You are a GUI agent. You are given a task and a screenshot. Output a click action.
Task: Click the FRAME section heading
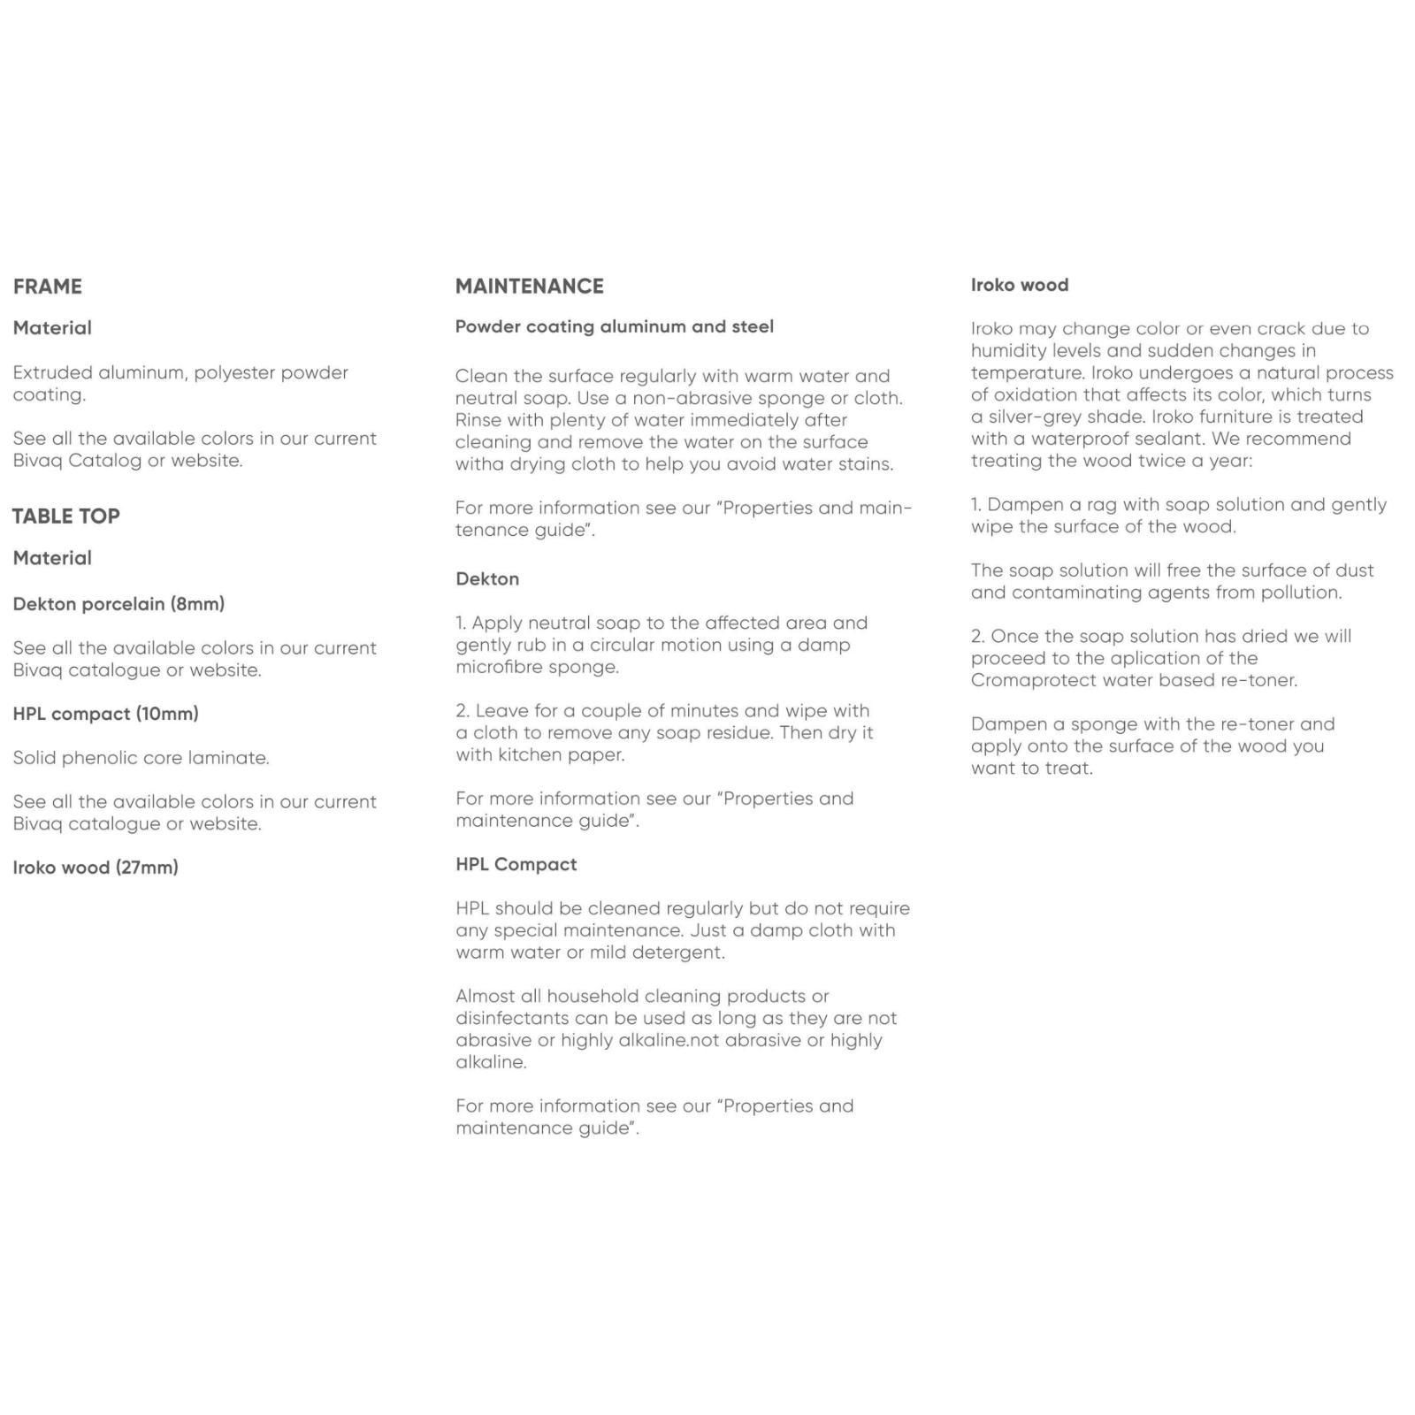(x=48, y=287)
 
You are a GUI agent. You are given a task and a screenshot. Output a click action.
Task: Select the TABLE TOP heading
(x=66, y=516)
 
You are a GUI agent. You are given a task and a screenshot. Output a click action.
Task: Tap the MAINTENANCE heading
(x=529, y=287)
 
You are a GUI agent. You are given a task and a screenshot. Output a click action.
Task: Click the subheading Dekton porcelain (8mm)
(x=119, y=604)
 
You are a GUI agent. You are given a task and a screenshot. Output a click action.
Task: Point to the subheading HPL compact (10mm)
(x=105, y=714)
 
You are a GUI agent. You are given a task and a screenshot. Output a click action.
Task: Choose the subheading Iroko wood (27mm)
(x=96, y=868)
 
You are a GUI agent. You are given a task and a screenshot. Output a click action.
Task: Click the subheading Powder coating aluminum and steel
(x=614, y=326)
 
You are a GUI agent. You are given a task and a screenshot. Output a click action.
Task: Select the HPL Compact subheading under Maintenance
(x=516, y=864)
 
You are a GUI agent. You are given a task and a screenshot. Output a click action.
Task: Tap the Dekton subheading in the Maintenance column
(x=487, y=579)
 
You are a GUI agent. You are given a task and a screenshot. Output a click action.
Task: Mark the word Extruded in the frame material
(x=52, y=372)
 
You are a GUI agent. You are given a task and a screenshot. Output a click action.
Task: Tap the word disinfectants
(x=517, y=1019)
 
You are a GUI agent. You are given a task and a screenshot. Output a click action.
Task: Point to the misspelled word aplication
(x=1132, y=658)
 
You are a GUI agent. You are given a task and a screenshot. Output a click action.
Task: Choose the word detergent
(x=680, y=952)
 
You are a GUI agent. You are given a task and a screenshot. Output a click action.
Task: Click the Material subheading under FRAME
(x=52, y=328)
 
